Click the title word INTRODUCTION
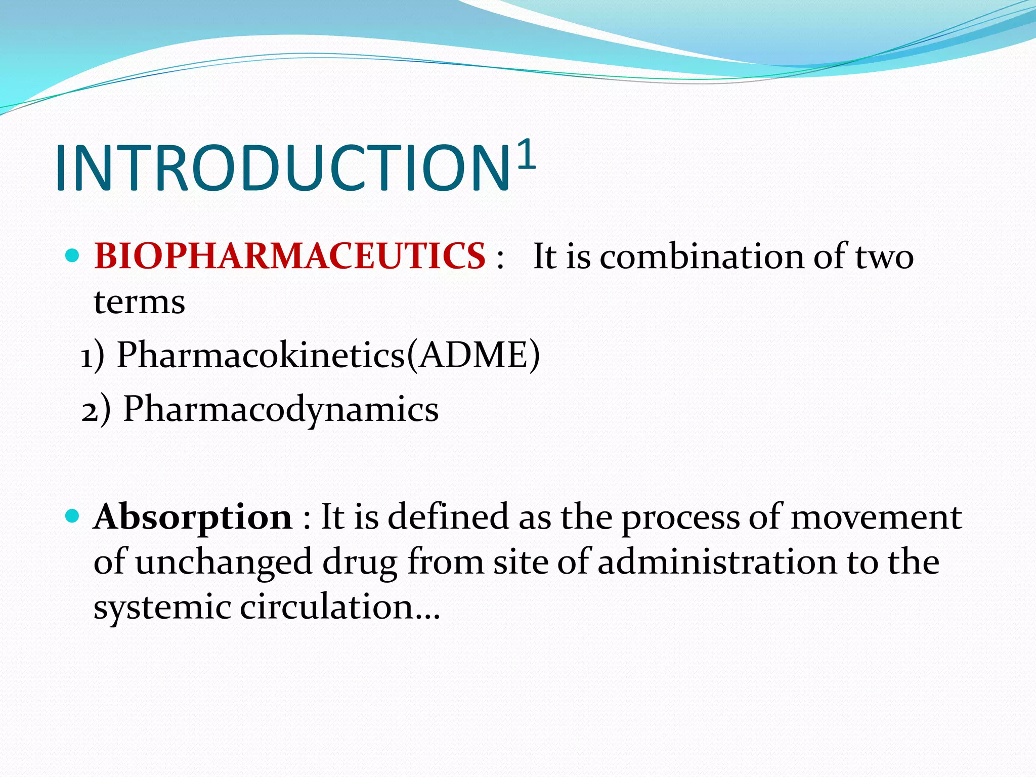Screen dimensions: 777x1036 click(x=282, y=168)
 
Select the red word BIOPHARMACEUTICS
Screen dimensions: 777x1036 click(x=290, y=255)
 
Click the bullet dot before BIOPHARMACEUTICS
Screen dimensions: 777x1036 click(x=73, y=255)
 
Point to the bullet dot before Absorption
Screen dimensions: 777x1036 click(x=73, y=516)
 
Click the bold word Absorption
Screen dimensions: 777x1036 click(x=193, y=517)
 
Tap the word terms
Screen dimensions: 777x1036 click(x=139, y=302)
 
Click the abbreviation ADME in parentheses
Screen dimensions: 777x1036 click(x=473, y=355)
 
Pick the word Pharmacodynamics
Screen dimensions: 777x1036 click(x=281, y=409)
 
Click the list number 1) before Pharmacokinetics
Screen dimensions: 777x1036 click(x=93, y=356)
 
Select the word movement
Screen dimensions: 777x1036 click(x=876, y=517)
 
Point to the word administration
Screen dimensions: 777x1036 click(x=717, y=562)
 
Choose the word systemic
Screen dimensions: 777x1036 click(x=162, y=607)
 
